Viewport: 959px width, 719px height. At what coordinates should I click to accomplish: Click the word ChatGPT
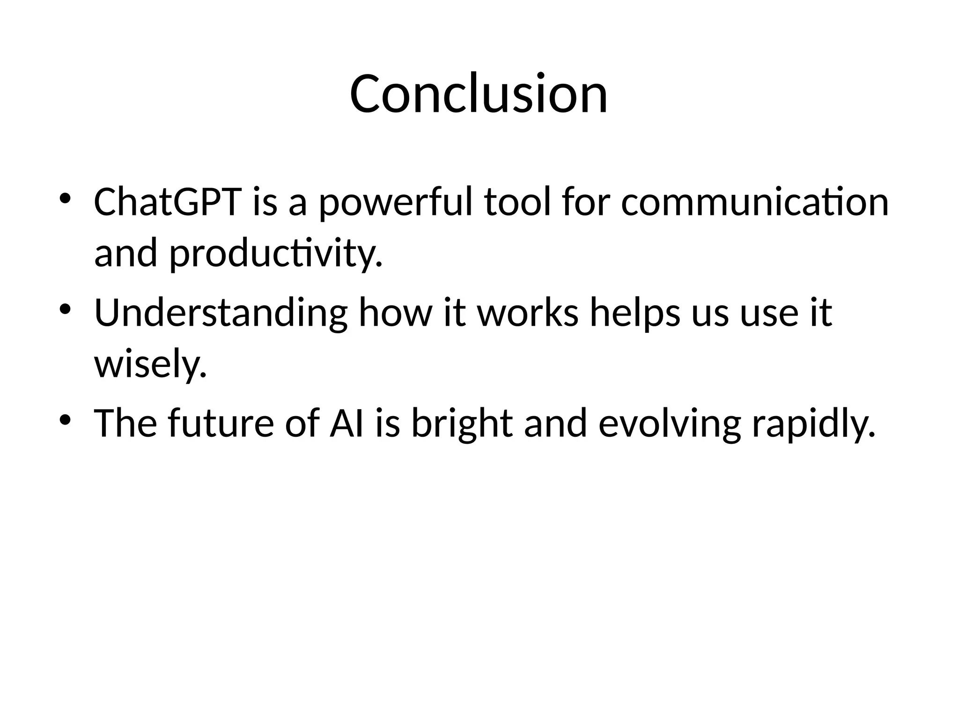point(167,202)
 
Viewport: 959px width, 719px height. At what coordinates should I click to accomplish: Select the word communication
point(754,202)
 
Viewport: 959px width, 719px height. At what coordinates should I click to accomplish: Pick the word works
point(528,312)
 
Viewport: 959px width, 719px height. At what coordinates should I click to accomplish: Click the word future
point(221,423)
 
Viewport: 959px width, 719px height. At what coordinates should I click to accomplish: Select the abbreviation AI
point(347,423)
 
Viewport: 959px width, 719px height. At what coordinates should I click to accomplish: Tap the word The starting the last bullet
point(125,423)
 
